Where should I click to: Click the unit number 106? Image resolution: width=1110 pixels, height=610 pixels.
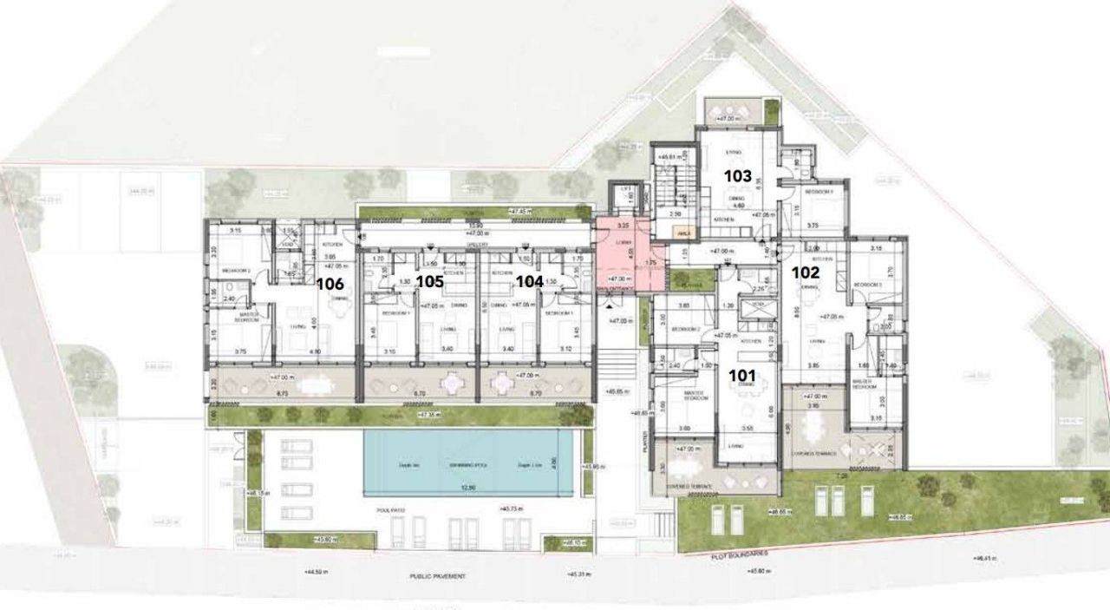click(330, 283)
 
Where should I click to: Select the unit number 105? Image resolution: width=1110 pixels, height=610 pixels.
click(429, 280)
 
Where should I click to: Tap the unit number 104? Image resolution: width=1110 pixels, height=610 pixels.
click(529, 280)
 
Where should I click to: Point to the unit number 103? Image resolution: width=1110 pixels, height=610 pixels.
click(737, 175)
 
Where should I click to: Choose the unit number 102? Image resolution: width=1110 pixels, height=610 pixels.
click(806, 271)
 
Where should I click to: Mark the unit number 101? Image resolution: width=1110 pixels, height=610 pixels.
click(741, 376)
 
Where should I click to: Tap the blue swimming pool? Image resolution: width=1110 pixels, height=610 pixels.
click(468, 463)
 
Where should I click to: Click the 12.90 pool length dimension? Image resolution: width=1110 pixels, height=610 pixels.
click(468, 488)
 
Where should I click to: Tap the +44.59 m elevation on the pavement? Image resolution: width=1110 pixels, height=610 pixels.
click(318, 572)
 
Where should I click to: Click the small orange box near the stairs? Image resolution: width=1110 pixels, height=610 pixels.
click(683, 233)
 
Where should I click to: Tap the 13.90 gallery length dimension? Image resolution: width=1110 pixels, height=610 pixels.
click(474, 224)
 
